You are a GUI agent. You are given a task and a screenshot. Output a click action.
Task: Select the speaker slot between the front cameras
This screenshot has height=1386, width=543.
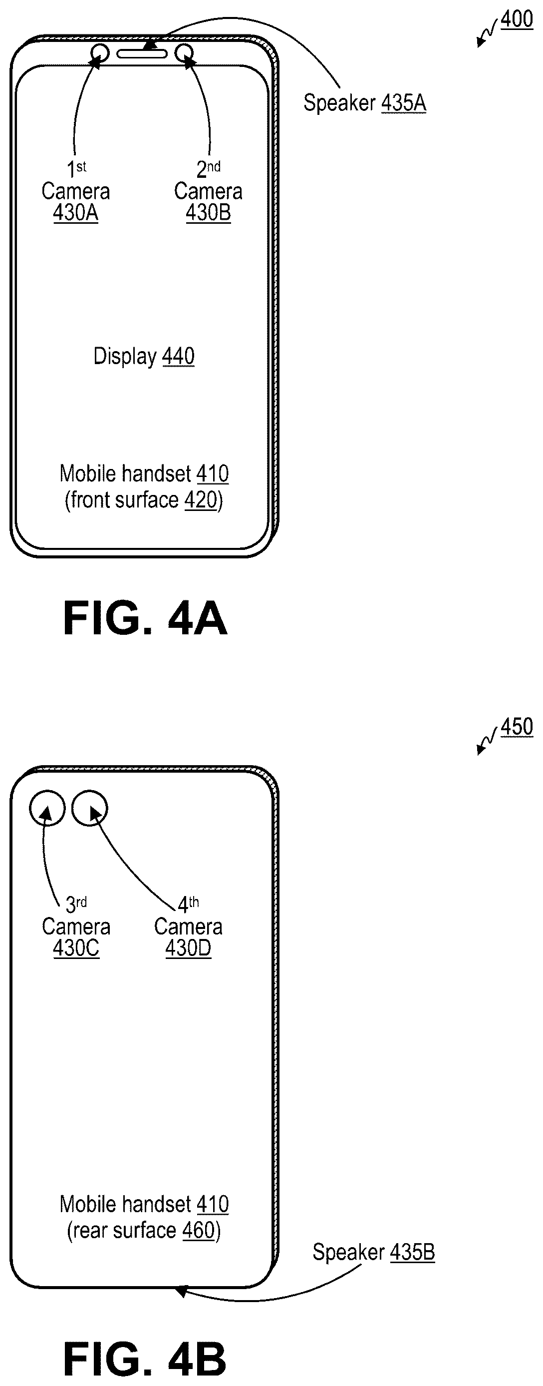tap(142, 54)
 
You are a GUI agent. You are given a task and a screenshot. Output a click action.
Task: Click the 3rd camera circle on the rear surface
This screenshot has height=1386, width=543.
tap(30, 808)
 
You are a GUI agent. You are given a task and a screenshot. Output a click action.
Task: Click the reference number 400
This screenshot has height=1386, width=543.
tap(517, 19)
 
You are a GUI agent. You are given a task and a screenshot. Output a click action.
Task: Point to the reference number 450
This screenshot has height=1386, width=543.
tap(517, 727)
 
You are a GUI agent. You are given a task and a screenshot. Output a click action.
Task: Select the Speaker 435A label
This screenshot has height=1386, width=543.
tap(364, 103)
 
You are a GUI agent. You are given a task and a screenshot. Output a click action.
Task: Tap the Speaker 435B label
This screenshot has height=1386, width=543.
tap(374, 1252)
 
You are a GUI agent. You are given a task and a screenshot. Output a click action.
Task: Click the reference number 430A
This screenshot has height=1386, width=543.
tap(76, 213)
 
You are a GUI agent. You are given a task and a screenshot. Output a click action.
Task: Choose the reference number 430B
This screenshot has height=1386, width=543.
tap(208, 213)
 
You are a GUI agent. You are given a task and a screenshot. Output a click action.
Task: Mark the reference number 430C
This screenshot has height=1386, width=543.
tap(76, 948)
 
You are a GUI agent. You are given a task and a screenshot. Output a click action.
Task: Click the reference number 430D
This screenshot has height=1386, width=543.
tap(188, 948)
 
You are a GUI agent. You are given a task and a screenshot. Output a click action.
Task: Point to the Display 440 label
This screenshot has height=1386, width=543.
tap(144, 357)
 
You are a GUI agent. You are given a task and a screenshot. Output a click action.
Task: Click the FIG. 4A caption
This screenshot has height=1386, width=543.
tap(145, 618)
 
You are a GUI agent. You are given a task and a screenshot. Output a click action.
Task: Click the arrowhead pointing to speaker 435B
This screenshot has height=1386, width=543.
tap(182, 1290)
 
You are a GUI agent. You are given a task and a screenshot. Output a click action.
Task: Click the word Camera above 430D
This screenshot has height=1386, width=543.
tap(188, 927)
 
